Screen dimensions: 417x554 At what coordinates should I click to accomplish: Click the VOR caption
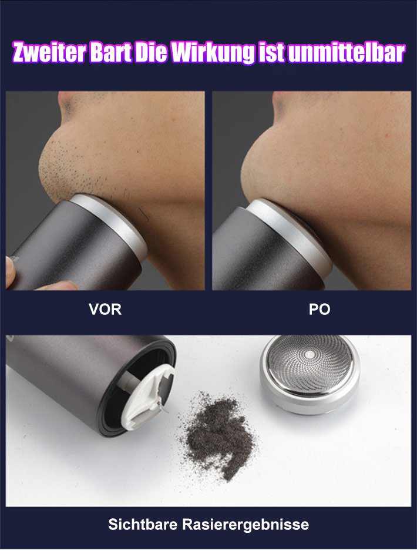click(105, 310)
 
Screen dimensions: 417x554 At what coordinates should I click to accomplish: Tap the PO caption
click(320, 310)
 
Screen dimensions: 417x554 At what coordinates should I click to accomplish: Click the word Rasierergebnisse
click(246, 525)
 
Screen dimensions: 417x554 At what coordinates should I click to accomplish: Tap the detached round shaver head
click(310, 374)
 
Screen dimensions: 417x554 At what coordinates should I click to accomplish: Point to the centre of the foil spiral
click(310, 353)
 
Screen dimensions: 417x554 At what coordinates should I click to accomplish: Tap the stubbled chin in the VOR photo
click(56, 170)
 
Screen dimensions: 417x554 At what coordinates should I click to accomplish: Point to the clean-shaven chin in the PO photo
click(265, 170)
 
